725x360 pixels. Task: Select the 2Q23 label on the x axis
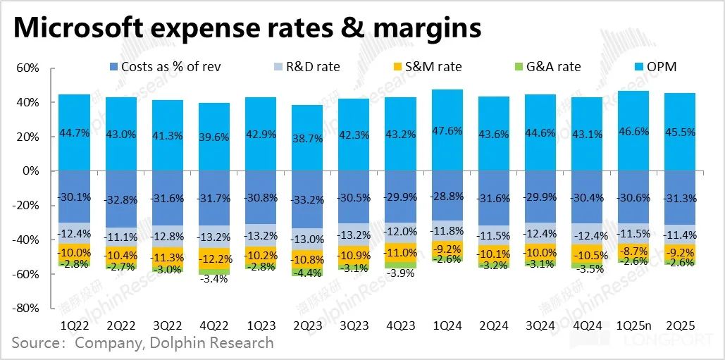[x=308, y=326]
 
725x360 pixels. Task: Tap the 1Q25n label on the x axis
[x=633, y=326]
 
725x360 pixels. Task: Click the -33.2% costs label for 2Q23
[x=308, y=199]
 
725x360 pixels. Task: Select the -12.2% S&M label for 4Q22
[x=215, y=259]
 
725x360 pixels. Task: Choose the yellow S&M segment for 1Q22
[x=75, y=252]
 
